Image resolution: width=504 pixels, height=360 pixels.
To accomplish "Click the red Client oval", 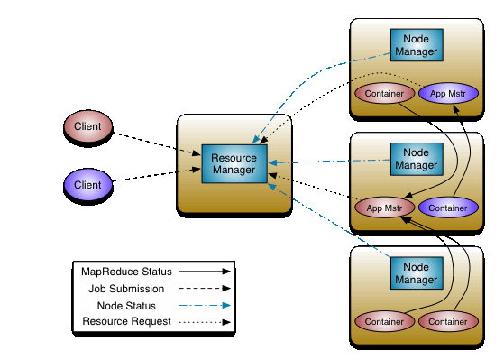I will tap(87, 126).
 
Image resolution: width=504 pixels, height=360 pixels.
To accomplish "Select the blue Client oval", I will tap(87, 186).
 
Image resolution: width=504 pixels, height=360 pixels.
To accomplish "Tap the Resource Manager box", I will tap(234, 164).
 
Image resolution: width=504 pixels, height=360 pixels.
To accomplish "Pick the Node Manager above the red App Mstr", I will tap(416, 160).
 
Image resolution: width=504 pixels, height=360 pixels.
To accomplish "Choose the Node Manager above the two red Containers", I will tap(416, 272).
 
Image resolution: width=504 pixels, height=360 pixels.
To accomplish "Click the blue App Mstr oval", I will tap(448, 94).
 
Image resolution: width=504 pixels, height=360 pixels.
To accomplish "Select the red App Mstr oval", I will tap(383, 208).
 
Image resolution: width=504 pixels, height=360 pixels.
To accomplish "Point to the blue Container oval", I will tap(448, 208).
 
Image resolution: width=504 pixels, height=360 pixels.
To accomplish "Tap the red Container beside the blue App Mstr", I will tap(383, 94).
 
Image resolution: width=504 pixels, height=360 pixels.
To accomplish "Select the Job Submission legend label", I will tap(126, 289).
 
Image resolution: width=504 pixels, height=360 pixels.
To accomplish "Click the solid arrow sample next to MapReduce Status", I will tap(204, 271).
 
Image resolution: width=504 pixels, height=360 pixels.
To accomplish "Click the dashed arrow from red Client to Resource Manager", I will tap(157, 143).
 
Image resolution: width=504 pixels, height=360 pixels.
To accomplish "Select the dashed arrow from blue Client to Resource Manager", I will tap(157, 177).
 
